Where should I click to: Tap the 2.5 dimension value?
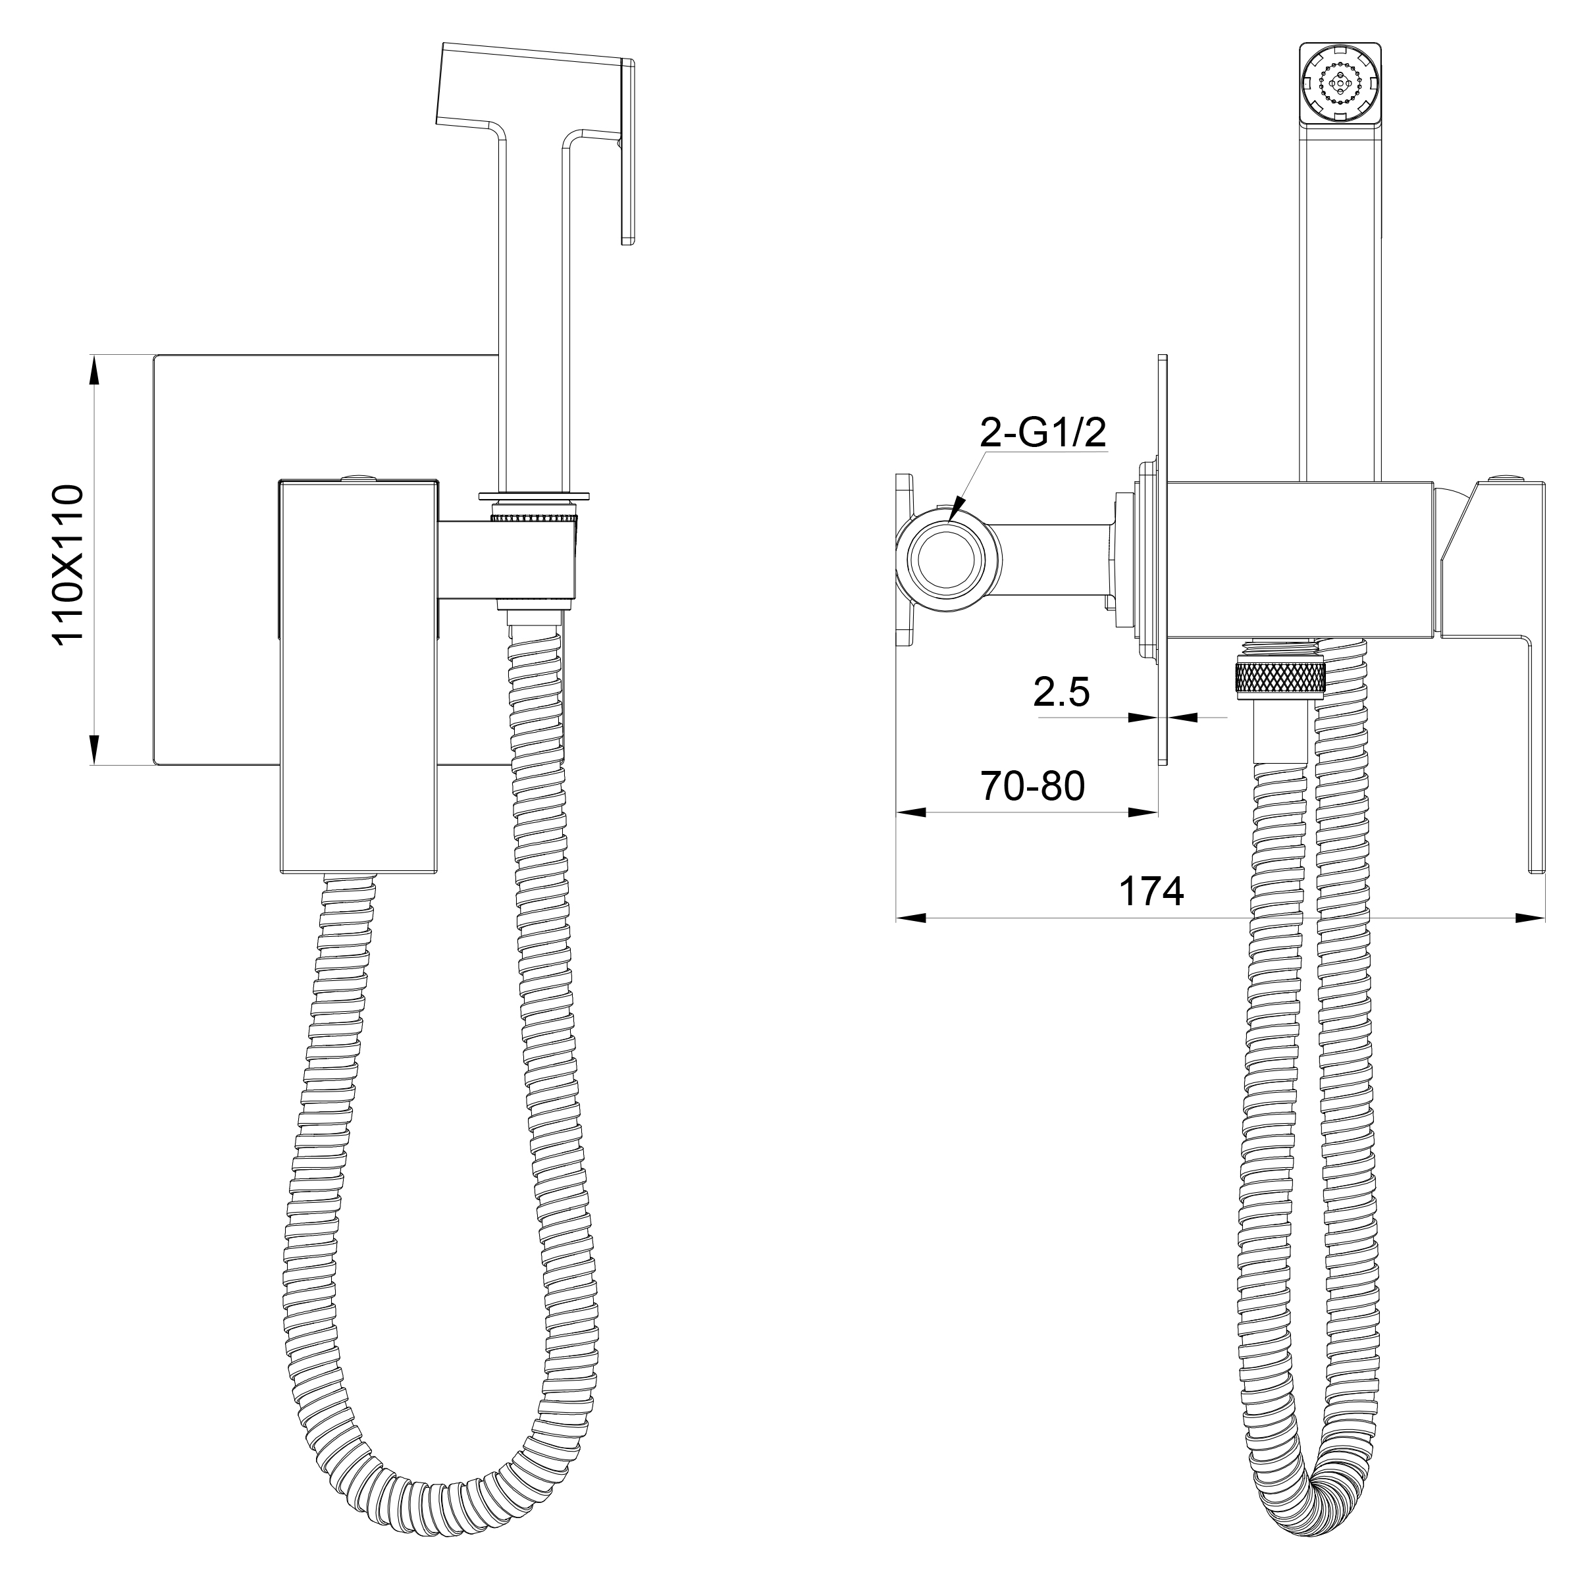click(1061, 692)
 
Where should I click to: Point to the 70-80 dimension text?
click(1033, 787)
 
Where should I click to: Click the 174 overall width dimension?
click(1151, 891)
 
